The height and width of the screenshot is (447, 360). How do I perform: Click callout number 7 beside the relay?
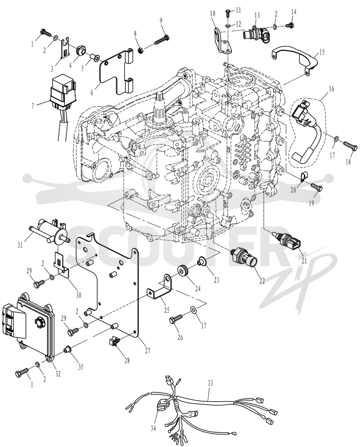click(33, 106)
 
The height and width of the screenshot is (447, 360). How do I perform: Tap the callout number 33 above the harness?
click(210, 383)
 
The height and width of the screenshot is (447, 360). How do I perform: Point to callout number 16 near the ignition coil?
click(332, 89)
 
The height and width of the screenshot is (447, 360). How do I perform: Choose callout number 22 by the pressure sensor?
click(262, 280)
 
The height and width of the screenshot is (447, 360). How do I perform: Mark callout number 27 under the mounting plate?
click(147, 350)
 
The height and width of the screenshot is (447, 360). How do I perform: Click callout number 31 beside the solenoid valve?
click(20, 244)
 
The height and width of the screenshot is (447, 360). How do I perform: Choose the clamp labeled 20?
click(302, 177)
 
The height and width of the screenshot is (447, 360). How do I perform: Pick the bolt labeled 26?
click(177, 319)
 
